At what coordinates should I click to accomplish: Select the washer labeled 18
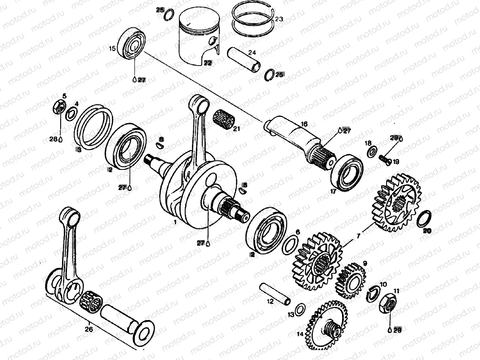click(372, 151)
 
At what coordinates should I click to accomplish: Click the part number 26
click(89, 329)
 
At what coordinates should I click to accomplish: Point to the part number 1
click(175, 222)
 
